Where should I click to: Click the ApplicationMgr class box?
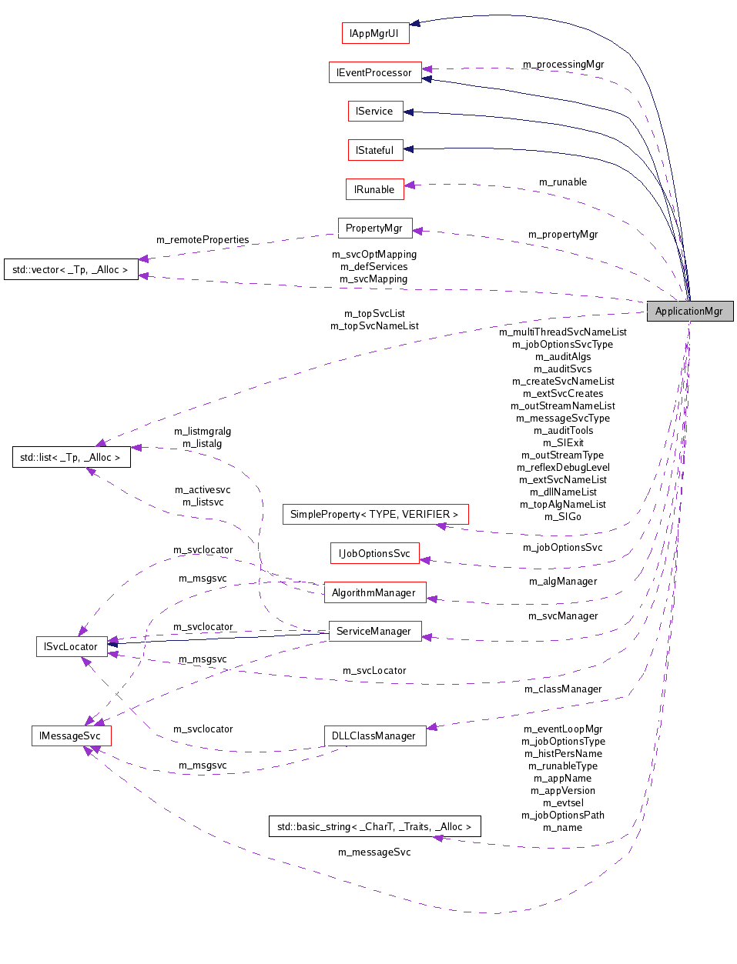click(x=689, y=311)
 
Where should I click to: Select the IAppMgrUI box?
click(x=375, y=33)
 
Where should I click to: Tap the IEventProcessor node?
click(x=375, y=72)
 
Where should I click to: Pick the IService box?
click(x=374, y=111)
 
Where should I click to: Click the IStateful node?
click(x=375, y=150)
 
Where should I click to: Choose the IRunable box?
click(x=374, y=189)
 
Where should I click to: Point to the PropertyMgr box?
click(x=374, y=228)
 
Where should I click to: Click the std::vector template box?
click(x=71, y=269)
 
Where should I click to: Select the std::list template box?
click(x=71, y=457)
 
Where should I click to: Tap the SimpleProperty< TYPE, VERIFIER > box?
click(x=375, y=514)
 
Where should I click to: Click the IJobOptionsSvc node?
click(x=375, y=553)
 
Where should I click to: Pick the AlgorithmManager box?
click(x=374, y=592)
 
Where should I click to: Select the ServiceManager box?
click(x=374, y=631)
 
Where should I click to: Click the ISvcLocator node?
click(x=71, y=646)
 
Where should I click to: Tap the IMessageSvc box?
click(x=71, y=736)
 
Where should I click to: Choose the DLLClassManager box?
click(x=374, y=736)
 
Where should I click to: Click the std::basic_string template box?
click(x=374, y=826)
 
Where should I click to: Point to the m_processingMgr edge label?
click(x=563, y=65)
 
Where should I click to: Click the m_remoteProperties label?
click(x=203, y=240)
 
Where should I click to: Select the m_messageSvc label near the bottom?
click(x=374, y=852)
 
